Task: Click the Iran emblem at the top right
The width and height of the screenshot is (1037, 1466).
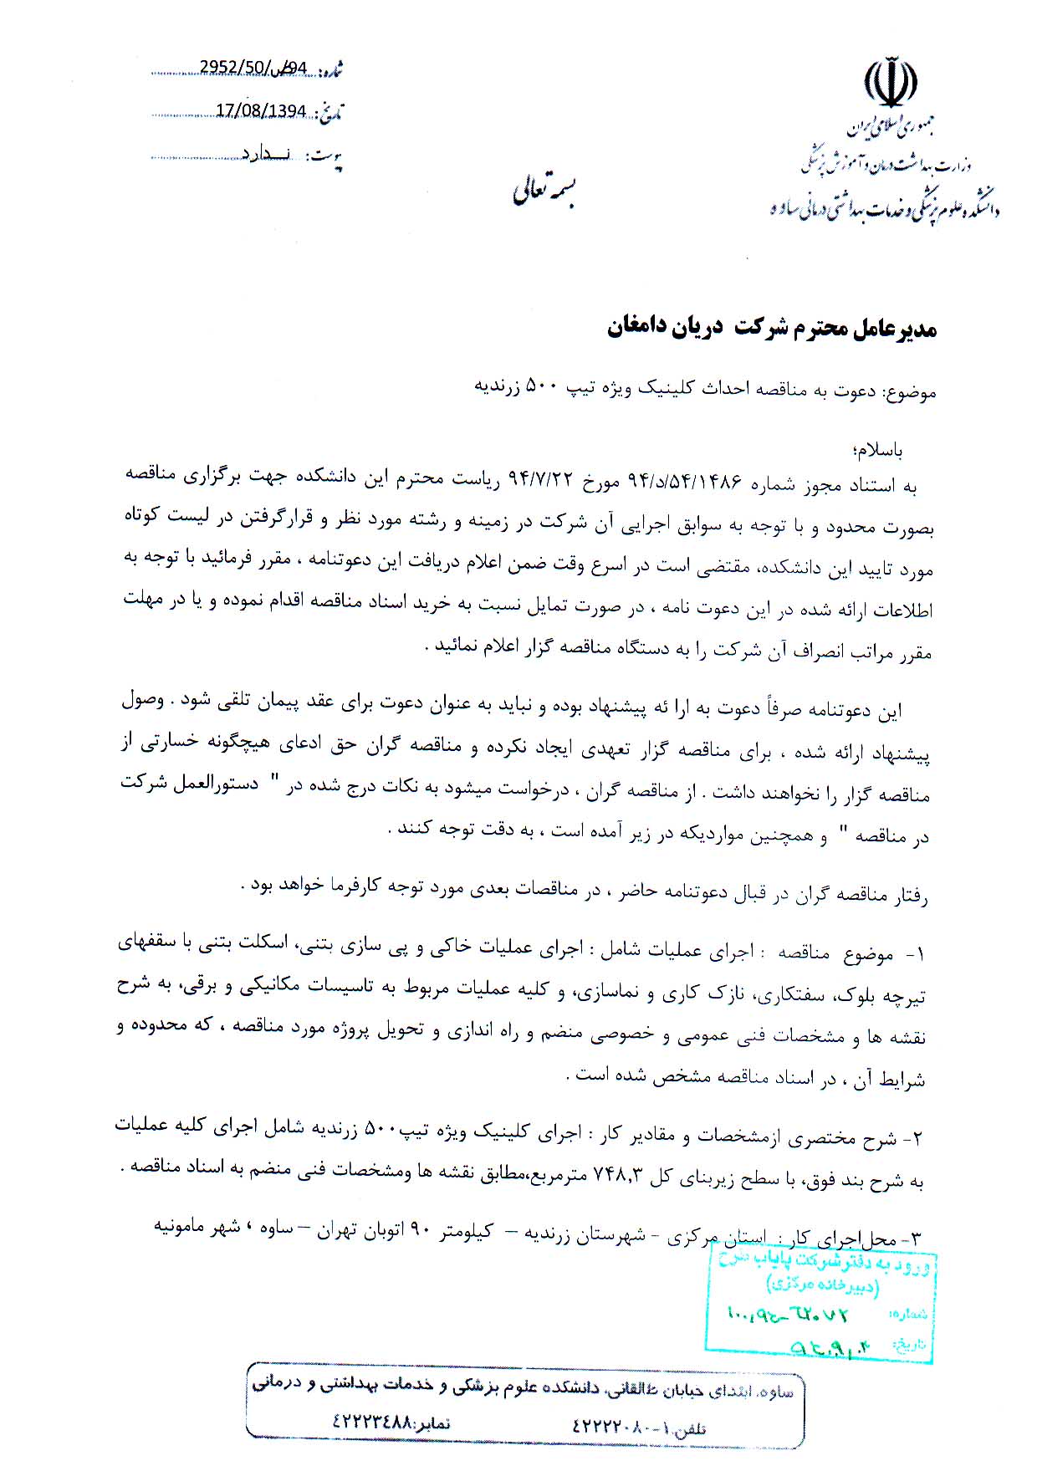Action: click(x=890, y=84)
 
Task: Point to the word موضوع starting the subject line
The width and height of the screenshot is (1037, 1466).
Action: click(x=912, y=391)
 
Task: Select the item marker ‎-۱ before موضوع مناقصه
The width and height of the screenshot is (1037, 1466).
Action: click(x=913, y=954)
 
